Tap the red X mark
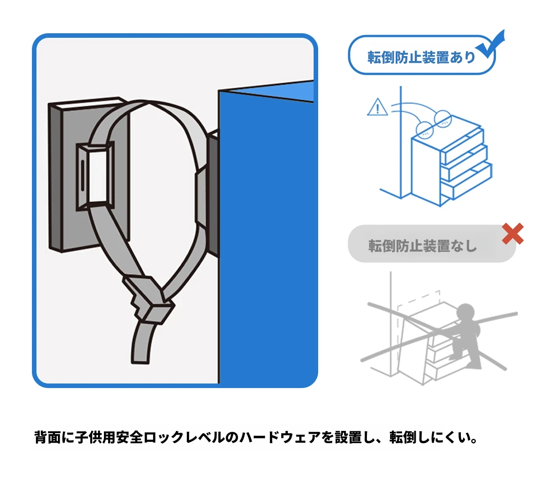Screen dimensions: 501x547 click(x=512, y=234)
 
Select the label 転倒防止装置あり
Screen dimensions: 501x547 click(x=421, y=57)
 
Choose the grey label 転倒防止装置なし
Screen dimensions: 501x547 click(x=422, y=246)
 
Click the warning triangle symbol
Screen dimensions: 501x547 click(x=377, y=108)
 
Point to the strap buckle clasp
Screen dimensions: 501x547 click(x=148, y=298)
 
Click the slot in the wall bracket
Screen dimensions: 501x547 click(x=82, y=175)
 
